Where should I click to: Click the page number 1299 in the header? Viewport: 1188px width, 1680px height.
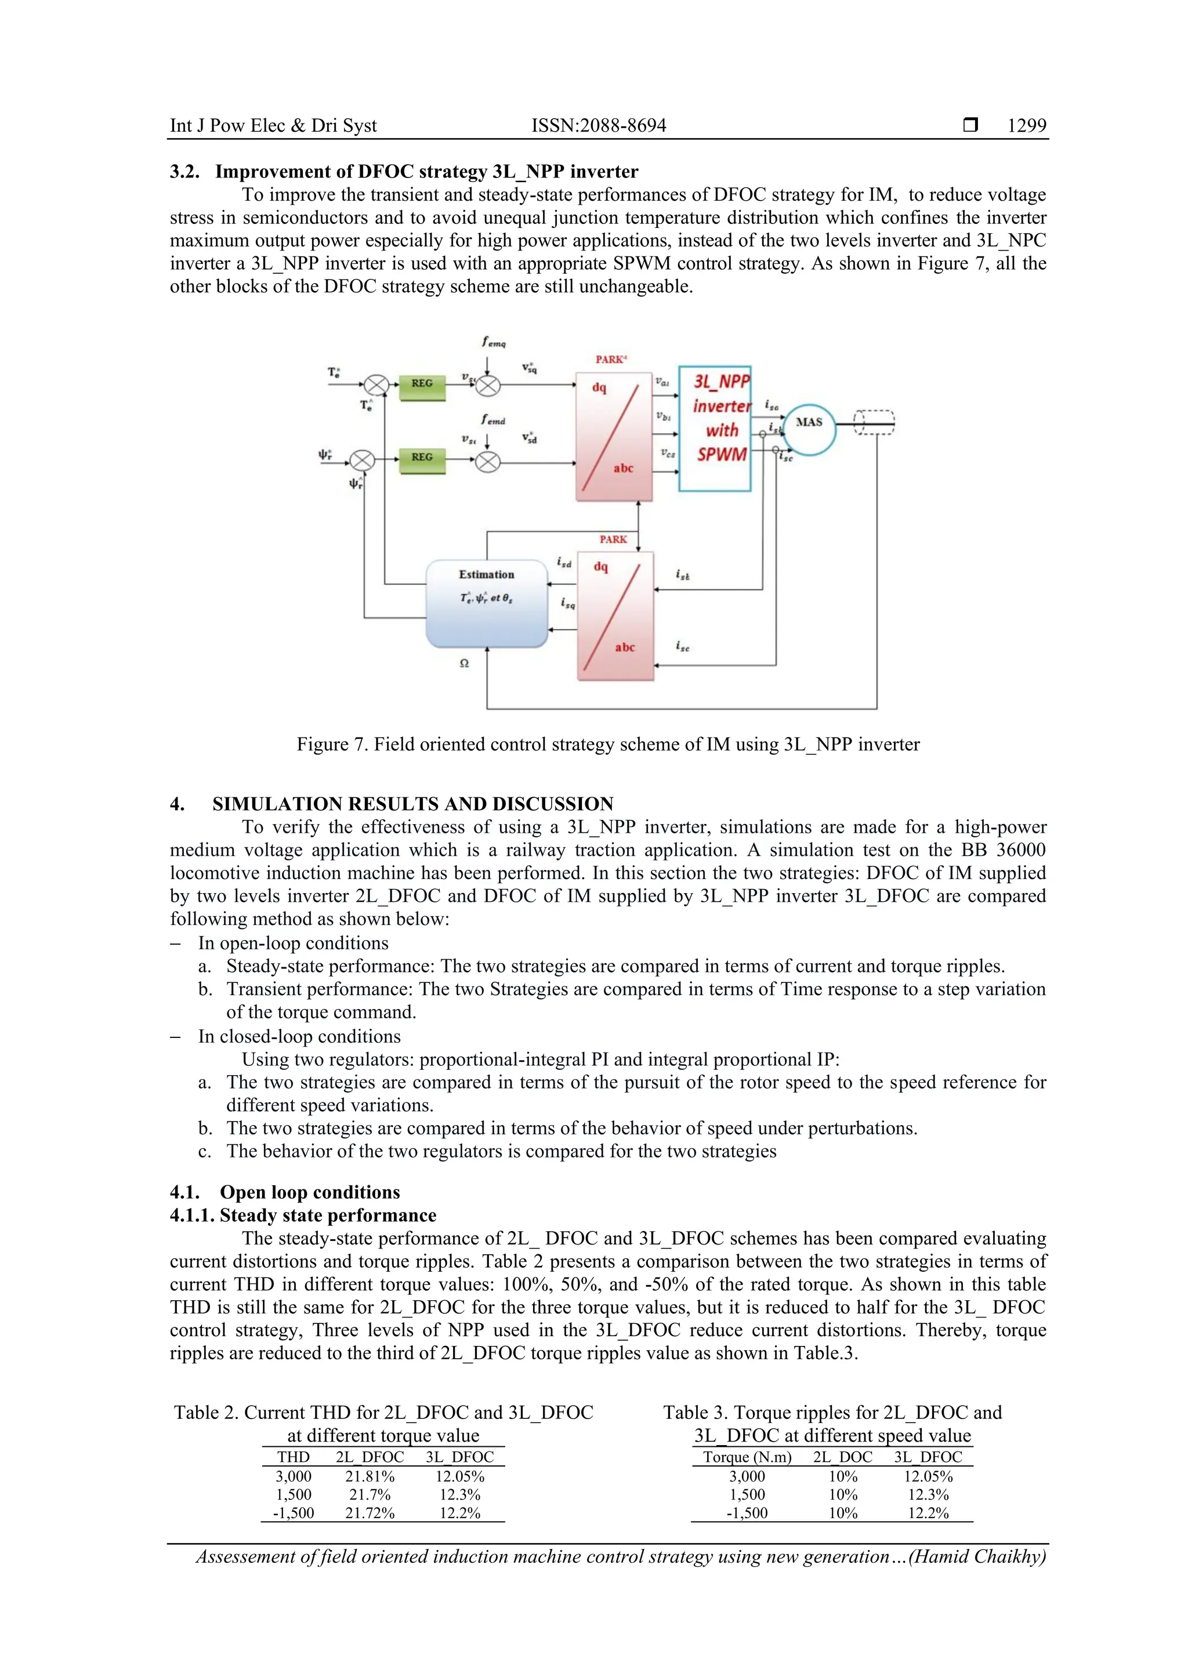pyautogui.click(x=1026, y=125)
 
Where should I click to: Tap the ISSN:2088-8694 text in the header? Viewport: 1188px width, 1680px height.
pyautogui.click(x=598, y=125)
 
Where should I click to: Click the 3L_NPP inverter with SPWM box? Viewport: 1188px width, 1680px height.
pyautogui.click(x=715, y=428)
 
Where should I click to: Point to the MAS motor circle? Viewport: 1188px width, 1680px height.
pyautogui.click(x=809, y=430)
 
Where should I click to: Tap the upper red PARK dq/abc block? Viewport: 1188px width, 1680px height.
pyautogui.click(x=613, y=437)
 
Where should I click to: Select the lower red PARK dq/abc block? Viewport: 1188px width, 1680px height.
pyautogui.click(x=615, y=616)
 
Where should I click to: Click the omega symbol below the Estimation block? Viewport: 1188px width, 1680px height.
pyautogui.click(x=464, y=663)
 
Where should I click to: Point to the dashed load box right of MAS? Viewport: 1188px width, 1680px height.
pyautogui.click(x=874, y=422)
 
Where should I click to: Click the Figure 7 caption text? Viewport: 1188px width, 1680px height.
pyautogui.click(x=607, y=744)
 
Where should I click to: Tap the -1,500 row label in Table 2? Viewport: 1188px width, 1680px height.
pyautogui.click(x=294, y=1513)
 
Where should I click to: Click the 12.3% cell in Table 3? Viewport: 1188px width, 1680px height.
pyautogui.click(x=928, y=1495)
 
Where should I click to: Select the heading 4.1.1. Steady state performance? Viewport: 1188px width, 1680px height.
pyautogui.click(x=303, y=1215)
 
